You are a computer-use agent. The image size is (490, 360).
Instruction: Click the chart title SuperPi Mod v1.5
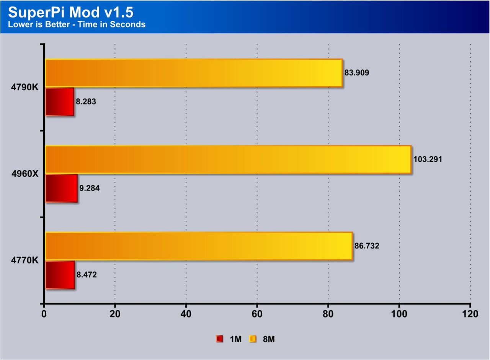[71, 12]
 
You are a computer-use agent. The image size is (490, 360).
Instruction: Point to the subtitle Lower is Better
[77, 24]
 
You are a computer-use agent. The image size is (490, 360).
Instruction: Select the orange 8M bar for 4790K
[193, 73]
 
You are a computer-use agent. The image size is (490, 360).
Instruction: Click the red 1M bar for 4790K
[59, 101]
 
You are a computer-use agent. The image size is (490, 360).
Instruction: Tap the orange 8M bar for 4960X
[228, 160]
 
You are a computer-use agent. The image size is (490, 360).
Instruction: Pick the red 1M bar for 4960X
[61, 188]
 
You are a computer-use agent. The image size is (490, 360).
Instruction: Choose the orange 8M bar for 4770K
[198, 246]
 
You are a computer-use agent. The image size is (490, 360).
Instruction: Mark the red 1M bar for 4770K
[60, 275]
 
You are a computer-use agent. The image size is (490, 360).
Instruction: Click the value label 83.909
[357, 73]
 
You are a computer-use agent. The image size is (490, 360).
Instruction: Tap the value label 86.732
[367, 246]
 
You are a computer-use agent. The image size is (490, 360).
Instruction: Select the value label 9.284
[90, 188]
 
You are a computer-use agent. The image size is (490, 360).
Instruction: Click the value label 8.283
[86, 102]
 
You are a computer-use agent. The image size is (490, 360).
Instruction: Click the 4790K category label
[24, 87]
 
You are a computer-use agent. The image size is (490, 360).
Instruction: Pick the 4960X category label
[24, 174]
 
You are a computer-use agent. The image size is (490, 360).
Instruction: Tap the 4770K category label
[24, 260]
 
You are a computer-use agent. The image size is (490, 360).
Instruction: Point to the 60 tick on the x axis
[257, 314]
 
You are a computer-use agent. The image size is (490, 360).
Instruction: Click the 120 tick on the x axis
[470, 314]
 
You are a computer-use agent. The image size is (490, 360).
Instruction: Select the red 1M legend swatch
[219, 339]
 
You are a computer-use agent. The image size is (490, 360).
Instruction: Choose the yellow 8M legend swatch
[253, 339]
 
